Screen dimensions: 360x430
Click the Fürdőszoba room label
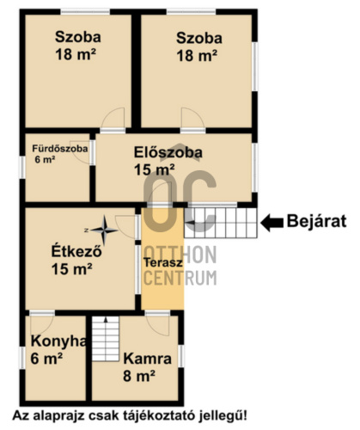(x=60, y=149)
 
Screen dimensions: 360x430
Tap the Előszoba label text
(x=168, y=152)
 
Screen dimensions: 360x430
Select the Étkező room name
(x=76, y=251)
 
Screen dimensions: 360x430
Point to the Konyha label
(x=58, y=341)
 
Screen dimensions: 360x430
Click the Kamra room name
(x=148, y=359)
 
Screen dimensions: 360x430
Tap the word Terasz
(x=163, y=262)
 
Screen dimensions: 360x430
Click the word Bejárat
(x=317, y=221)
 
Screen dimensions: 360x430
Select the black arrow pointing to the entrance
(x=272, y=223)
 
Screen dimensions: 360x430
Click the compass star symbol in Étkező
(x=105, y=230)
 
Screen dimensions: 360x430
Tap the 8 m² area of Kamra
(x=139, y=376)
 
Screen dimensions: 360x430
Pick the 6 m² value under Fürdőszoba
(x=45, y=160)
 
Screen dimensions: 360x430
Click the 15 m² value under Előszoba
(x=155, y=169)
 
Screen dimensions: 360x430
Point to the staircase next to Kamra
(x=106, y=339)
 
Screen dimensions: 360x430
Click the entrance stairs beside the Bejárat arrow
(x=221, y=223)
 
